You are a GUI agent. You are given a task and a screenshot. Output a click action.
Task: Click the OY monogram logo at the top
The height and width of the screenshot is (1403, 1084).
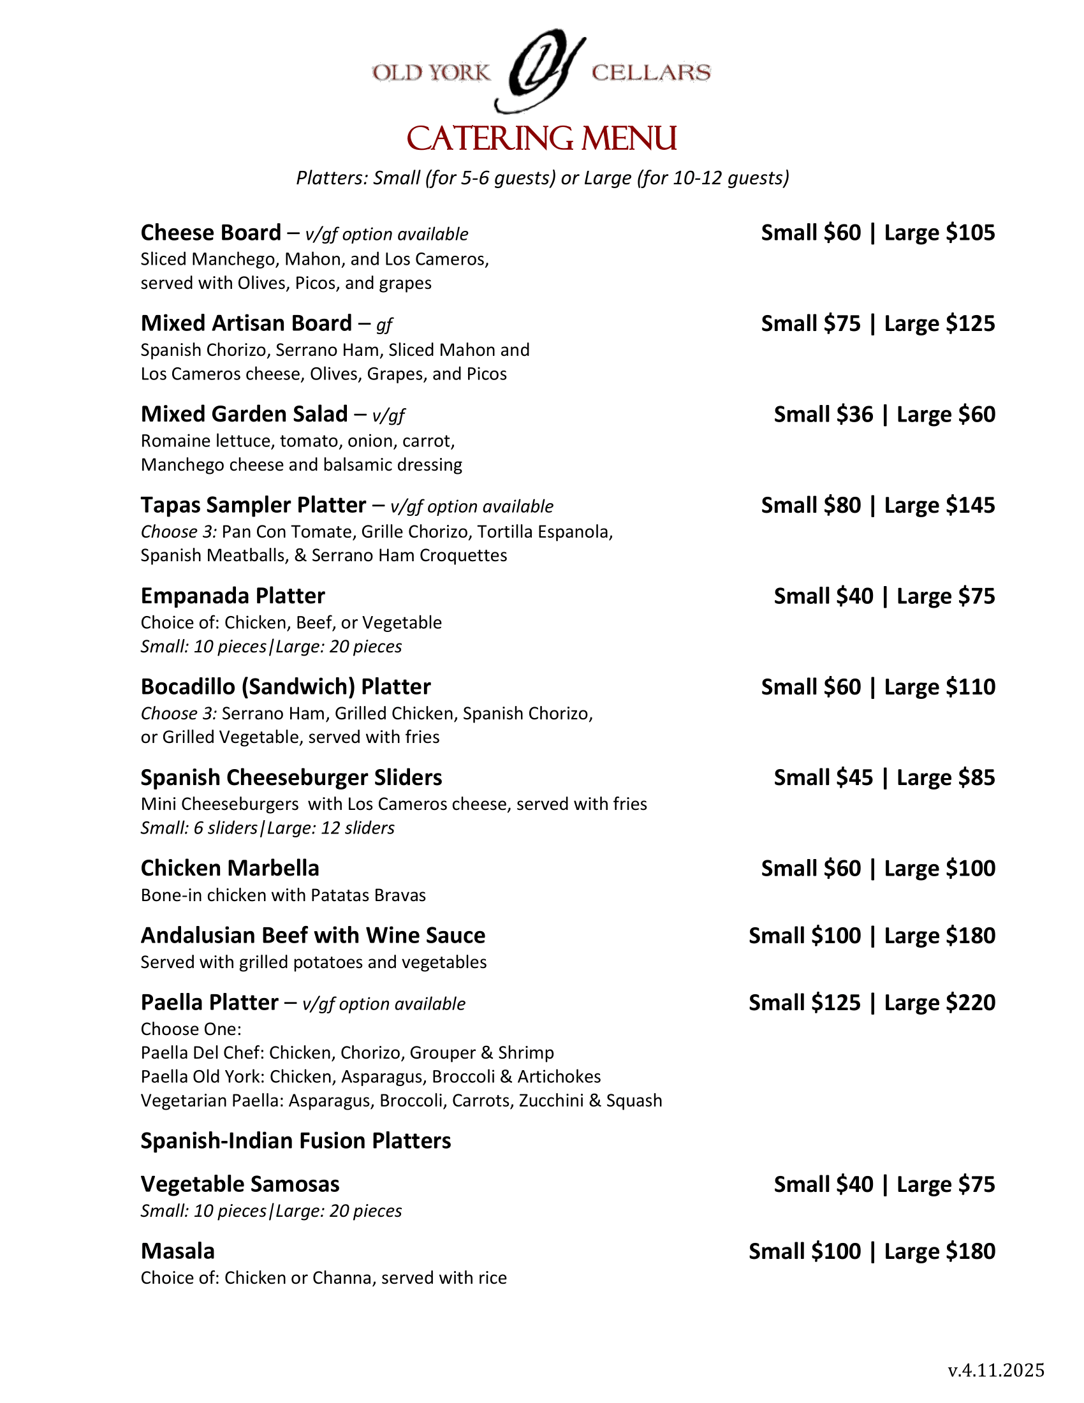click(541, 71)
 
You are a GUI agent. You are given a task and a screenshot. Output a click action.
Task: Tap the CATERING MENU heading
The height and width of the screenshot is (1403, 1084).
click(542, 139)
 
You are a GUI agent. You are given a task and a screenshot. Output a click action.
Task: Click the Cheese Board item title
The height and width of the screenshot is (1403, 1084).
click(210, 233)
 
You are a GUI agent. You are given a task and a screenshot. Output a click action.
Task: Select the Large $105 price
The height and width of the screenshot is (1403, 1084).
click(939, 233)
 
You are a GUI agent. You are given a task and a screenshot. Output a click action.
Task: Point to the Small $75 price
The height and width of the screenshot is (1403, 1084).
click(810, 323)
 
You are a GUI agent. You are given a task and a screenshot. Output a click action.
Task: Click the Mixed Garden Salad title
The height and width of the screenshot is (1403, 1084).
click(244, 415)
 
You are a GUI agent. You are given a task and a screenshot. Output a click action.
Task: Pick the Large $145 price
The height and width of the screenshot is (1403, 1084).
click(939, 505)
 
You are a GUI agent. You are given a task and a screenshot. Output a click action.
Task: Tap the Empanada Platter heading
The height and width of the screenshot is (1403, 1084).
click(233, 596)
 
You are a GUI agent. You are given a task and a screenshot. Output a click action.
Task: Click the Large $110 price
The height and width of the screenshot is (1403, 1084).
click(939, 687)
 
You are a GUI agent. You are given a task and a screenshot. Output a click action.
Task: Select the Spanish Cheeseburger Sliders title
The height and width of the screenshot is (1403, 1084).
click(291, 777)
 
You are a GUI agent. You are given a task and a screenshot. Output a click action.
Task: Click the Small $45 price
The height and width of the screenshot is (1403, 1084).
click(823, 777)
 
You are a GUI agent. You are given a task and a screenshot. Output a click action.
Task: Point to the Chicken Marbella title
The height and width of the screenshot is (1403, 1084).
click(230, 869)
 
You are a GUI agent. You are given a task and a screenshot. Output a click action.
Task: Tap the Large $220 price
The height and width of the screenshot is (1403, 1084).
click(939, 1003)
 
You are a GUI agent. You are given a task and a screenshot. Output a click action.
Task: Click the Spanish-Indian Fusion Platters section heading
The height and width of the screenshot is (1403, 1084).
click(295, 1141)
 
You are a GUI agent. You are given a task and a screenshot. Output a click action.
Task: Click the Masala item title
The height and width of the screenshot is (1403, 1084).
click(178, 1251)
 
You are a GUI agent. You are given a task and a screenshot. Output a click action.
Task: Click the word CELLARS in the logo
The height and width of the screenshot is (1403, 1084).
click(650, 73)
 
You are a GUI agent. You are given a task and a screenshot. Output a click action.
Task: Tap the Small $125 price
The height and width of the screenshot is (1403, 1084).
click(804, 1003)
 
